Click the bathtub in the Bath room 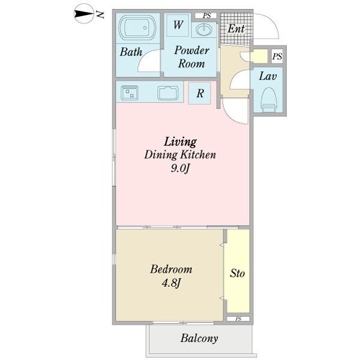(x=137, y=28)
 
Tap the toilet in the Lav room (x=269, y=99)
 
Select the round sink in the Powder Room (x=204, y=30)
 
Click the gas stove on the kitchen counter (x=130, y=92)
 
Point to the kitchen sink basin (x=168, y=93)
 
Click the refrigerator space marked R (x=200, y=93)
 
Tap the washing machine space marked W (x=179, y=25)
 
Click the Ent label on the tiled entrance (x=236, y=29)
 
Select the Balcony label (x=199, y=338)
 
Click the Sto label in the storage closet (x=238, y=273)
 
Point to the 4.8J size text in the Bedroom (x=172, y=283)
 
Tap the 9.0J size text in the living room (x=180, y=169)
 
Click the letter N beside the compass (x=100, y=14)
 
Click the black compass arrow (x=84, y=14)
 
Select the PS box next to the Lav (x=277, y=56)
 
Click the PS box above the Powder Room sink (x=206, y=16)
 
